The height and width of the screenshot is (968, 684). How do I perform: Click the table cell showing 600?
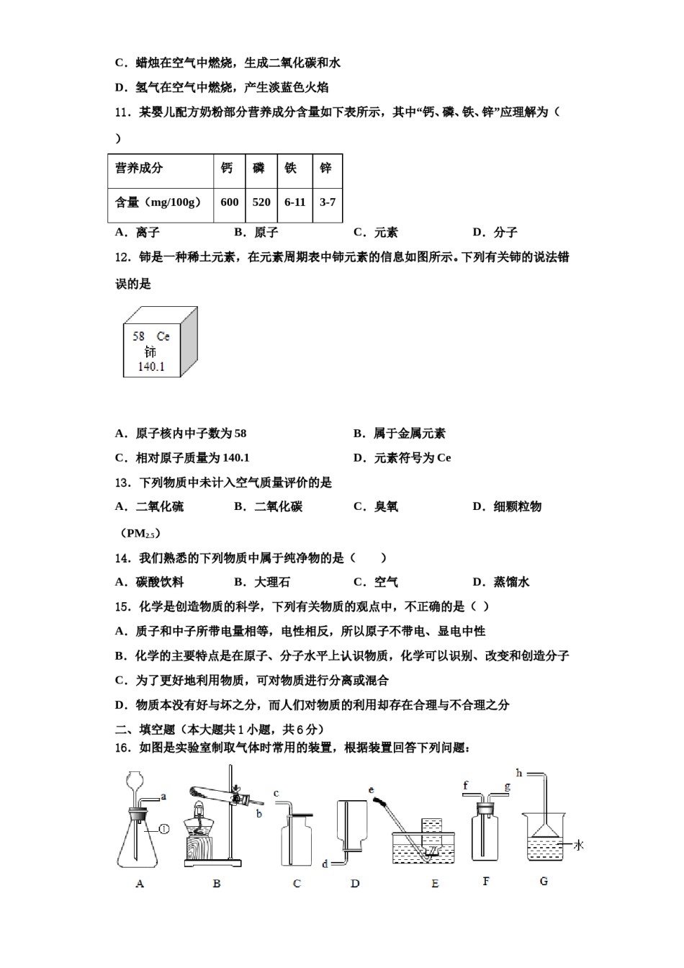click(230, 202)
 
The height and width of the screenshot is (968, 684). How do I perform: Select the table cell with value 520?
click(261, 202)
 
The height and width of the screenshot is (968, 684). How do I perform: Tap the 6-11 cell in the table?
click(294, 202)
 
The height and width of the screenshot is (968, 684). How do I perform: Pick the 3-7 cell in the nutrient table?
click(328, 202)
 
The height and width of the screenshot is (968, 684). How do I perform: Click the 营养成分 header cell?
click(139, 169)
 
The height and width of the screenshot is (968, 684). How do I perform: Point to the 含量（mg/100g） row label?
click(158, 202)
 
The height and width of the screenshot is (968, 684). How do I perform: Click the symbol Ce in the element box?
click(163, 336)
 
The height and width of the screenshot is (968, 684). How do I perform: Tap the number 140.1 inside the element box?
click(151, 367)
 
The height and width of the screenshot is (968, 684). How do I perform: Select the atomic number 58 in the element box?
click(139, 336)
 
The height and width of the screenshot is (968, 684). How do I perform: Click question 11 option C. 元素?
click(376, 232)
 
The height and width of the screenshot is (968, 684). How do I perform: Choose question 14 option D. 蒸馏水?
click(501, 582)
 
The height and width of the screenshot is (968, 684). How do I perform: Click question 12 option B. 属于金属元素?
click(400, 433)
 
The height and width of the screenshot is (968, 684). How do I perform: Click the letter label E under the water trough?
click(435, 884)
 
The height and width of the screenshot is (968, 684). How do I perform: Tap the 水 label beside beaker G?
click(578, 845)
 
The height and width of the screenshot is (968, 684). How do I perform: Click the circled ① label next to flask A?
click(163, 829)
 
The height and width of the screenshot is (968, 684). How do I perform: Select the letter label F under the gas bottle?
click(486, 881)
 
